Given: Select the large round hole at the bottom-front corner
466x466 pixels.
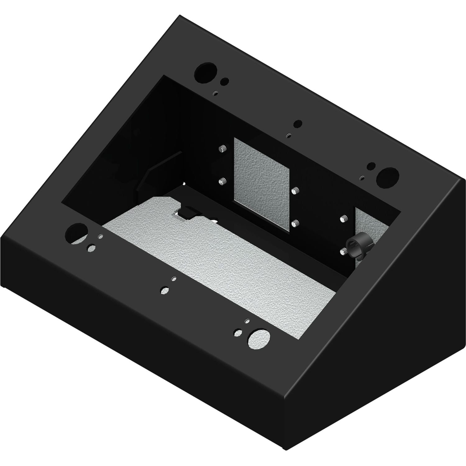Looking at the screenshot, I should [259, 338].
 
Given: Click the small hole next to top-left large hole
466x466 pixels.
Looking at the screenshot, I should [224, 82].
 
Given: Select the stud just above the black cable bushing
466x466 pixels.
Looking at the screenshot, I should [343, 219].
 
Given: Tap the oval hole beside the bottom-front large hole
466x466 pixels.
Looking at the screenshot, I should [238, 332].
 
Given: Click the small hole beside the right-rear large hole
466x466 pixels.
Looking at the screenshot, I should [370, 167].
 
